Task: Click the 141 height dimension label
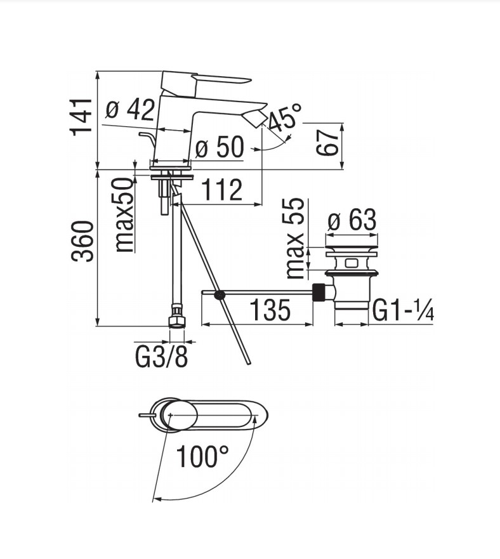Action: click(x=82, y=117)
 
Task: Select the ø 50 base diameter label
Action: click(x=220, y=147)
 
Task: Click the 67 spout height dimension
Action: click(x=328, y=142)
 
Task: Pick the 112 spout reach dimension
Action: click(x=222, y=190)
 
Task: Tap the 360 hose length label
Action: click(x=82, y=241)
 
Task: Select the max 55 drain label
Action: click(x=295, y=239)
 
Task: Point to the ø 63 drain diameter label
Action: click(x=352, y=220)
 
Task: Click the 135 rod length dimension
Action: click(x=270, y=310)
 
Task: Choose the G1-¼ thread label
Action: click(x=403, y=310)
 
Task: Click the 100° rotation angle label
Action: click(x=202, y=456)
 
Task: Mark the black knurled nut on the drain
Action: click(x=319, y=293)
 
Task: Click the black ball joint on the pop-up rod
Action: click(x=219, y=294)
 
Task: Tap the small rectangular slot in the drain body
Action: click(x=352, y=263)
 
